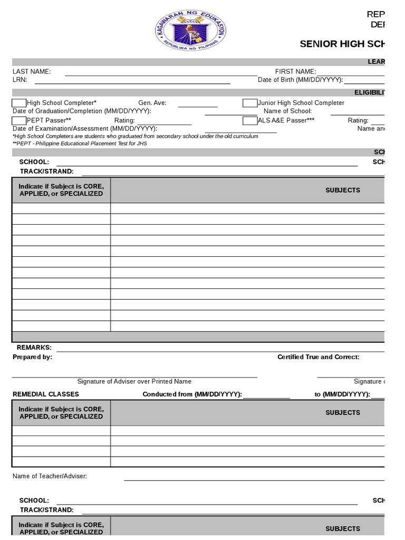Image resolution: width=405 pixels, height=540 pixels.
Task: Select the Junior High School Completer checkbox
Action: pyautogui.click(x=250, y=103)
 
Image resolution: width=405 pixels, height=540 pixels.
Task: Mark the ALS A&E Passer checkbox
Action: pyautogui.click(x=250, y=120)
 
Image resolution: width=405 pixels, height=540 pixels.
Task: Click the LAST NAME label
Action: pyautogui.click(x=32, y=72)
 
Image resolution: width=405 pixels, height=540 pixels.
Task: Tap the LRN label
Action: pyautogui.click(x=20, y=80)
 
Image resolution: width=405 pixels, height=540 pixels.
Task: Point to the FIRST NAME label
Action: pyautogui.click(x=295, y=72)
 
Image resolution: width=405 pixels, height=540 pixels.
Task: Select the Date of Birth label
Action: pyautogui.click(x=300, y=80)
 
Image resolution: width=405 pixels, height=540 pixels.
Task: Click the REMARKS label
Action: pyautogui.click(x=34, y=348)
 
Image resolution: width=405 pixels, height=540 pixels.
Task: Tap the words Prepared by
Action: pyautogui.click(x=32, y=357)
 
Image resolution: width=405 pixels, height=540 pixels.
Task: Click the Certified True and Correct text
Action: pyautogui.click(x=319, y=357)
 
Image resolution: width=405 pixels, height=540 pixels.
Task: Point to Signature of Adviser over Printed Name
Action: pyautogui.click(x=134, y=381)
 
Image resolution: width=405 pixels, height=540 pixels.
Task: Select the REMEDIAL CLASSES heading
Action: pyautogui.click(x=46, y=394)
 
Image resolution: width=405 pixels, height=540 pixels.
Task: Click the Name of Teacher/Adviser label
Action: pyautogui.click(x=50, y=476)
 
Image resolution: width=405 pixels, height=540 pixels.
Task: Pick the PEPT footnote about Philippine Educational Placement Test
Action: pyautogui.click(x=80, y=143)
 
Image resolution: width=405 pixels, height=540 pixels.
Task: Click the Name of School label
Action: pyautogui.click(x=287, y=111)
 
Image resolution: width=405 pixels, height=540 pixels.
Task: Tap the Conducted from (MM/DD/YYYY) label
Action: pyautogui.click(x=192, y=394)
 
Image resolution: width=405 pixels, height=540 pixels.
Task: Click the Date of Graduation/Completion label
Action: pyautogui.click(x=82, y=111)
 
